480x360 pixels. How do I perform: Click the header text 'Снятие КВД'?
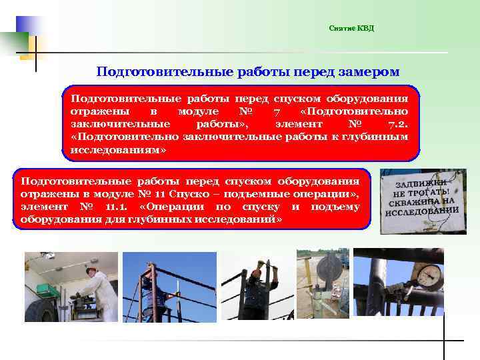351,28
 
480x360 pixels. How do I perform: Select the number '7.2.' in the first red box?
403,124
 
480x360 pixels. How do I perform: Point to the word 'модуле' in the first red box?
199,111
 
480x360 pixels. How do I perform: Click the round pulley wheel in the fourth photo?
326,271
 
